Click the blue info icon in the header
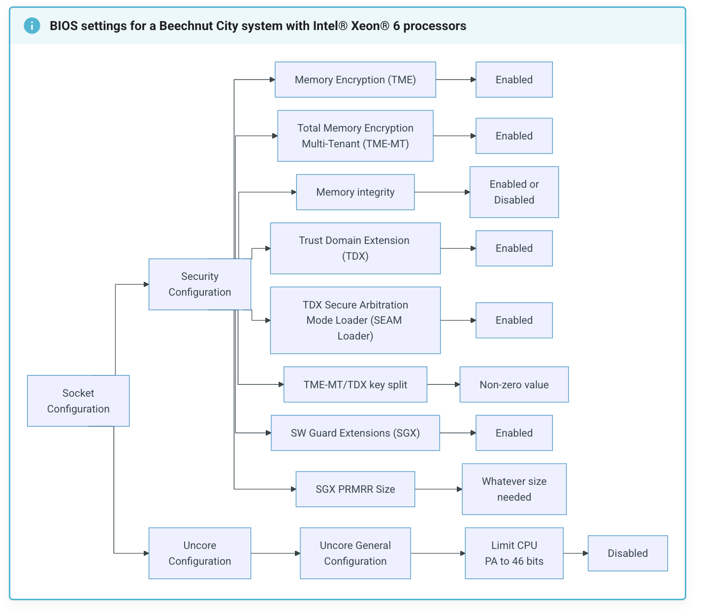[32, 26]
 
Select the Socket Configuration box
[78, 401]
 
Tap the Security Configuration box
[199, 284]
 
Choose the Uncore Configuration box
[199, 553]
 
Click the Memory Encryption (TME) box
[355, 79]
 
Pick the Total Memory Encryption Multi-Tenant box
[355, 136]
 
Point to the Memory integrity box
[355, 192]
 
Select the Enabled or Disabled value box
[514, 192]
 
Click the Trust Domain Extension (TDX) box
[355, 248]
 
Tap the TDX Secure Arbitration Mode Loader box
[355, 320]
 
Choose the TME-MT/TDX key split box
[355, 384]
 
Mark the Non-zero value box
[514, 384]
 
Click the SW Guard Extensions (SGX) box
[355, 433]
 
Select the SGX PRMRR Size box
[355, 489]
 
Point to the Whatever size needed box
[514, 489]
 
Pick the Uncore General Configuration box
[355, 553]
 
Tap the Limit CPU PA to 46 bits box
[514, 553]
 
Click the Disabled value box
[628, 553]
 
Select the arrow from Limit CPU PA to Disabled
[575, 553]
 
